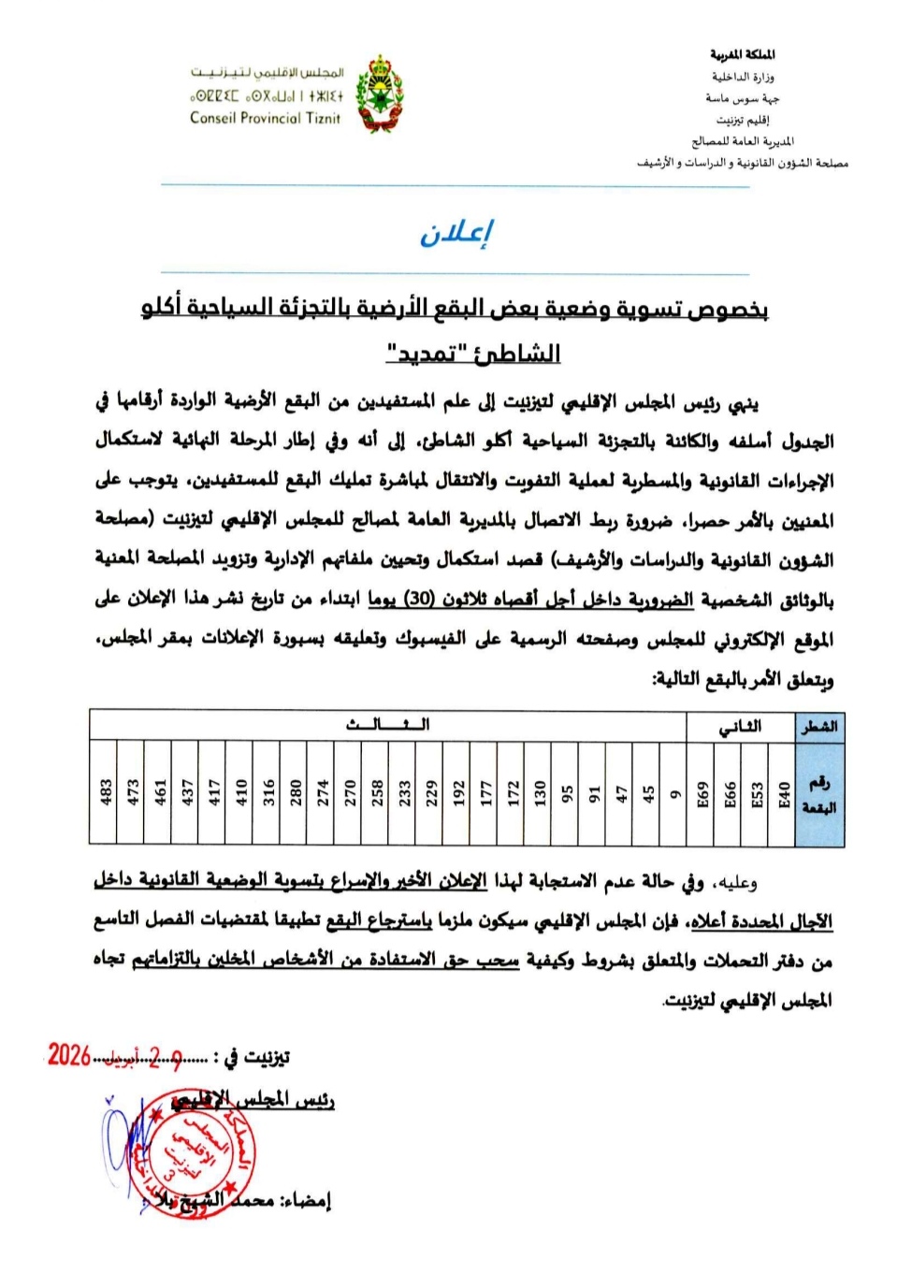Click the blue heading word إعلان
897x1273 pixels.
[456, 233]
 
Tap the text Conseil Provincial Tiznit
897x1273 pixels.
[265, 119]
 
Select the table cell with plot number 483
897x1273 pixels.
[105, 792]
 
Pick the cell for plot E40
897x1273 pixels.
[784, 792]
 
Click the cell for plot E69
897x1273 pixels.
[702, 792]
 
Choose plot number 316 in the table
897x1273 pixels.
[268, 792]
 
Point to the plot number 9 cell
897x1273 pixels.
[674, 792]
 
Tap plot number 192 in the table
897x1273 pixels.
[458, 792]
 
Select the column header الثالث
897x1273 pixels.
[387, 725]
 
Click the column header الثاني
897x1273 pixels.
[741, 726]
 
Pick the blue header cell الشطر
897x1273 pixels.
[819, 726]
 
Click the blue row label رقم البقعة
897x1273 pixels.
[819, 793]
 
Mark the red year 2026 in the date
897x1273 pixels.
[69, 1055]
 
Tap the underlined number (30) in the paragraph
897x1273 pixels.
[420, 600]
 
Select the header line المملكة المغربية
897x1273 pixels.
[743, 54]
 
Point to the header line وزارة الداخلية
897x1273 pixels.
[743, 77]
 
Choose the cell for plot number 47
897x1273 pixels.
[621, 792]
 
